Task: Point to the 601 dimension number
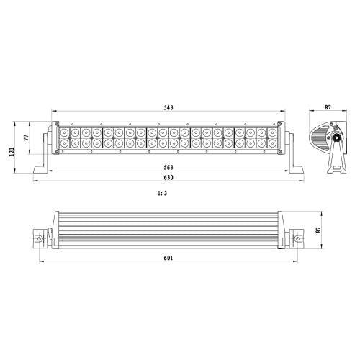pyautogui.click(x=169, y=258)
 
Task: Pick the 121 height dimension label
pyautogui.click(x=12, y=153)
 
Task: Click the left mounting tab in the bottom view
pyautogui.click(x=38, y=238)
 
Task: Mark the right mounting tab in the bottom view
pyautogui.click(x=298, y=238)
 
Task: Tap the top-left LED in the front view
pyautogui.click(x=64, y=133)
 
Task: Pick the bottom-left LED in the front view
pyautogui.click(x=64, y=144)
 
